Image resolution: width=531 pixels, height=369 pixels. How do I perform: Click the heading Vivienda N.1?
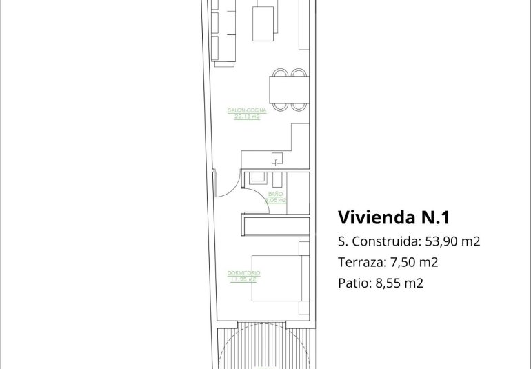[394, 218]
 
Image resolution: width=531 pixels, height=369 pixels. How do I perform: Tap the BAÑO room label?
[275, 195]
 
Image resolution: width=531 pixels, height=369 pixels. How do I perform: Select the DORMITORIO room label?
[242, 274]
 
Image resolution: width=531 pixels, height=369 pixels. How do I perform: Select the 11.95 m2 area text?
[242, 279]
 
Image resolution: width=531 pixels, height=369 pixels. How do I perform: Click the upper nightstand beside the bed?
[303, 248]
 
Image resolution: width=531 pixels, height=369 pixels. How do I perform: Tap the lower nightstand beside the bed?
[303, 308]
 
